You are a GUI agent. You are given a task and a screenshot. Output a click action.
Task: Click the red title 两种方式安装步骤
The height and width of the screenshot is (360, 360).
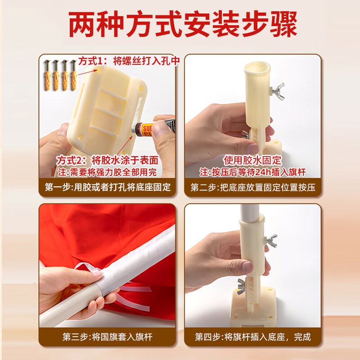tap(183, 24)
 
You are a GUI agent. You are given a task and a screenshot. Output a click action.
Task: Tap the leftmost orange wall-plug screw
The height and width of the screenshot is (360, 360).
tap(48, 75)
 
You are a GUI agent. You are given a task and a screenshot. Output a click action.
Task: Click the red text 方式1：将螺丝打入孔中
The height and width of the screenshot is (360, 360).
tap(129, 61)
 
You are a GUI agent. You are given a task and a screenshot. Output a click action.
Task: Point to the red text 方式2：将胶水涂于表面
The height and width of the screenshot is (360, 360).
tap(108, 160)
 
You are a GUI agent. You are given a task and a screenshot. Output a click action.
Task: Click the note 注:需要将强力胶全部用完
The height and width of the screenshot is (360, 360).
tap(107, 172)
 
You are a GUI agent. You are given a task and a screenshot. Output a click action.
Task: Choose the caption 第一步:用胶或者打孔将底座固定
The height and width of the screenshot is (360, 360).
tap(108, 187)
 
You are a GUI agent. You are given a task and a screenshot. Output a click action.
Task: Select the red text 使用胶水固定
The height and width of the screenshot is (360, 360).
tap(252, 160)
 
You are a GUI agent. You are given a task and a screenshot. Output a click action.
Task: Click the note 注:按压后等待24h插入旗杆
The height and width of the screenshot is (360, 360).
tap(252, 172)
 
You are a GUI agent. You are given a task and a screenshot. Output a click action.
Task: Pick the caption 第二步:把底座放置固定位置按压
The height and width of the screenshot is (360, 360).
tap(253, 187)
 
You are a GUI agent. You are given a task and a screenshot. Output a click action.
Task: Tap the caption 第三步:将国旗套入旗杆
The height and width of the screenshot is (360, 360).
tap(108, 337)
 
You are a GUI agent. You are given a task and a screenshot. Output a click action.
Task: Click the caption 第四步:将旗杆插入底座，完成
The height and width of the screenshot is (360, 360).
tap(253, 337)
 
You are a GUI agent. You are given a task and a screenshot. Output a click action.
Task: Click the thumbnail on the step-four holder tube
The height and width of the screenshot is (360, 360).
tap(247, 267)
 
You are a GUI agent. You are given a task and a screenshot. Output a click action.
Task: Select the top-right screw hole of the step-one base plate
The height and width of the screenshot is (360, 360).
tap(140, 88)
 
